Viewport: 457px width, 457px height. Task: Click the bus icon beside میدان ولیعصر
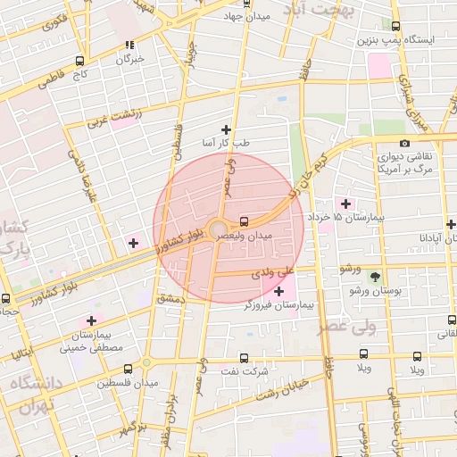point(244,220)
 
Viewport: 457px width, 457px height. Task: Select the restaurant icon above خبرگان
point(130,45)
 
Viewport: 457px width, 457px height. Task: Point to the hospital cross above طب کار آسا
point(226,129)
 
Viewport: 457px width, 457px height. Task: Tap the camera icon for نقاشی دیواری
point(404,143)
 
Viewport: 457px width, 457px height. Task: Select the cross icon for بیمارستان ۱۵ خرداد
point(345,204)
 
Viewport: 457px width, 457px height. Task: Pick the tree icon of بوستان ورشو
point(374,277)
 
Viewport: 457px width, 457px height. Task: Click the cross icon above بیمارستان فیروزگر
point(279,291)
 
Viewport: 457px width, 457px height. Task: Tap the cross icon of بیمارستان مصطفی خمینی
point(91,320)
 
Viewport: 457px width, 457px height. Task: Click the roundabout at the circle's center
point(217,229)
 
